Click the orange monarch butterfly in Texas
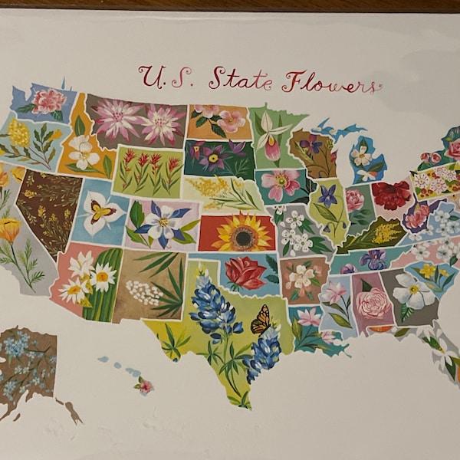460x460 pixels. click(261, 320)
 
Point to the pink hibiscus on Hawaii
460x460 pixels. click(143, 386)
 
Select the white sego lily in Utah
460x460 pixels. click(101, 212)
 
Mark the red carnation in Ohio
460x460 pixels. click(392, 195)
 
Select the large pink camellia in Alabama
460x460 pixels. click(373, 304)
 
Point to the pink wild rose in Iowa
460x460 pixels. click(280, 182)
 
